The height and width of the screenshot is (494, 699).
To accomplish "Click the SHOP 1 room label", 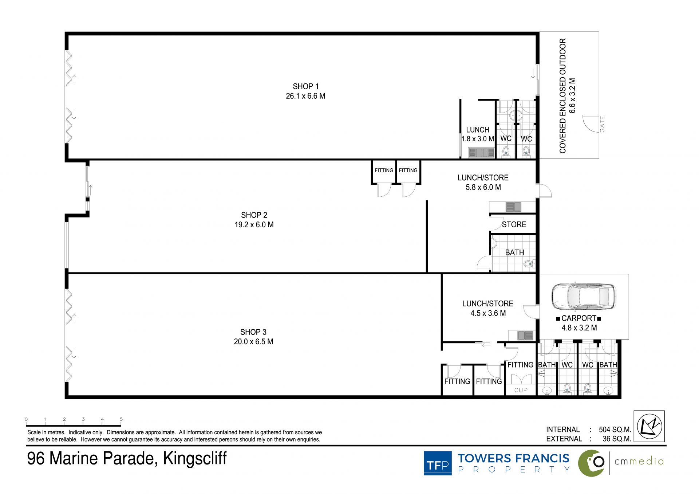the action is tap(305, 86).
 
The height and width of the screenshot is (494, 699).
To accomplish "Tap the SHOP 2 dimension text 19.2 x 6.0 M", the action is tap(254, 225).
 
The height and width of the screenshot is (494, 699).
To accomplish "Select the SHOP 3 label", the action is tap(253, 332).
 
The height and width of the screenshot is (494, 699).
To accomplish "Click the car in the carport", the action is tap(584, 297).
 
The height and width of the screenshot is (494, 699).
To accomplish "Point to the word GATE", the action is tap(603, 124).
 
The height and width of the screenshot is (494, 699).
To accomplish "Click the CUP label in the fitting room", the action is tap(521, 390).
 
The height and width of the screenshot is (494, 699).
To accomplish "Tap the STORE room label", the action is tap(514, 224).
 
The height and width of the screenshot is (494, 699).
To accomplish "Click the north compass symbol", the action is tap(649, 426).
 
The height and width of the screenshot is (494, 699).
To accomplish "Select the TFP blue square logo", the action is tap(438, 463).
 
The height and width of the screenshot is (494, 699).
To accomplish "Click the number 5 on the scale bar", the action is tap(121, 419).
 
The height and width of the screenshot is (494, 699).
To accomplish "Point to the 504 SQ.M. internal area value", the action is tap(615, 430).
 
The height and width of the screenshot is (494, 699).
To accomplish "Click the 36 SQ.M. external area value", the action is tap(617, 439).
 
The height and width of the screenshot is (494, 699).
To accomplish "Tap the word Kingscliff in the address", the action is tap(195, 459).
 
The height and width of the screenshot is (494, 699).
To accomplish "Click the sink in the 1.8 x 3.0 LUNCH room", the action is tap(481, 153).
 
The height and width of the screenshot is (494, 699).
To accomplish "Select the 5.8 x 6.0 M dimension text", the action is tap(483, 187).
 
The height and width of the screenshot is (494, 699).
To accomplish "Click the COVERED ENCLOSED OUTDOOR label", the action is tap(563, 96).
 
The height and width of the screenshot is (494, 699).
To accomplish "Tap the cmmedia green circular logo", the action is tap(592, 463).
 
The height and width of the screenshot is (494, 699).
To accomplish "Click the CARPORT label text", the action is tap(579, 318).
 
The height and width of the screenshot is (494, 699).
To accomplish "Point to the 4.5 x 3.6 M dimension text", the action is tap(488, 313).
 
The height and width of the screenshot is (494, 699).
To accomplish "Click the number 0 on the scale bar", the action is tap(26, 419).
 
